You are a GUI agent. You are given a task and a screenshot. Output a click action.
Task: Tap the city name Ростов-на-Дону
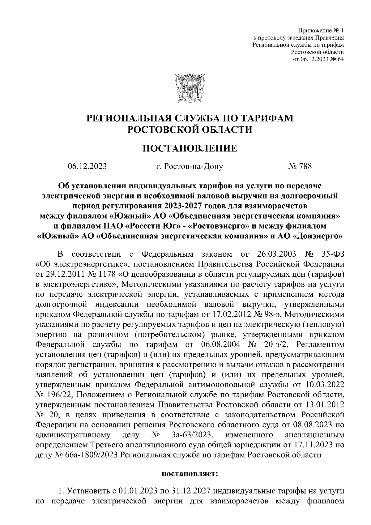coord(189,166)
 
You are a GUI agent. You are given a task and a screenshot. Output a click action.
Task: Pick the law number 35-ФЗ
coord(332,254)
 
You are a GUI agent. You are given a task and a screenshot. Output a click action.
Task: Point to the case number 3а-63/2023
coord(192,435)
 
